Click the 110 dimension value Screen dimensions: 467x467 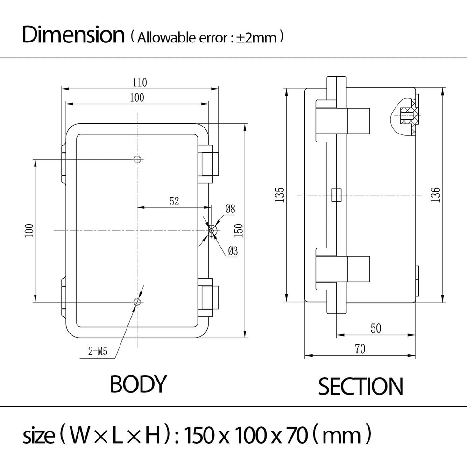[x=140, y=83]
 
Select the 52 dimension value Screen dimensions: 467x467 [x=174, y=201]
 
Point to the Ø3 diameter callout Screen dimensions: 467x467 [x=233, y=251]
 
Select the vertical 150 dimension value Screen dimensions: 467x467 [x=238, y=230]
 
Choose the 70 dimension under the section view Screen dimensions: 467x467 [x=360, y=349]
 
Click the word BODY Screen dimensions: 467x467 [x=138, y=384]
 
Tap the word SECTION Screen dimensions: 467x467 [x=360, y=387]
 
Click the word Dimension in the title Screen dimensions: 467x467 [x=73, y=35]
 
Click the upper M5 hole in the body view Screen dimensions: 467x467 [x=137, y=160]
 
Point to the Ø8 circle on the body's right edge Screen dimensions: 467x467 [x=212, y=230]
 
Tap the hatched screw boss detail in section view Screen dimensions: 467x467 [x=406, y=115]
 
